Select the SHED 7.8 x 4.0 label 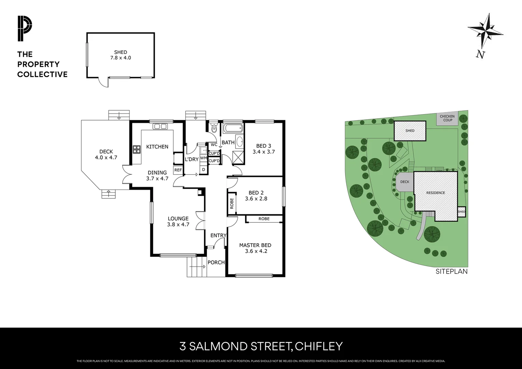click(121, 55)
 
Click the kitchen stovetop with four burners click(137, 149)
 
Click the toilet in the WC click(214, 128)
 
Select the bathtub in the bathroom click(233, 129)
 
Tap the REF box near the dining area click(178, 170)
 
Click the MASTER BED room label click(255, 245)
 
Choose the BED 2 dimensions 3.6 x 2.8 click(256, 199)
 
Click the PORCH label click(216, 262)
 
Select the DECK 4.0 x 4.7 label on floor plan click(106, 154)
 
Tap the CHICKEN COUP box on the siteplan click(448, 118)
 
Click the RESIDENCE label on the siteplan click(436, 193)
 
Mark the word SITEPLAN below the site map click(451, 271)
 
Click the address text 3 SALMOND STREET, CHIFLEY click(261, 346)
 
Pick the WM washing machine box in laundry click(203, 158)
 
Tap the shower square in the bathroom click(238, 158)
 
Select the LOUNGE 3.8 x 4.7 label click(178, 221)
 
